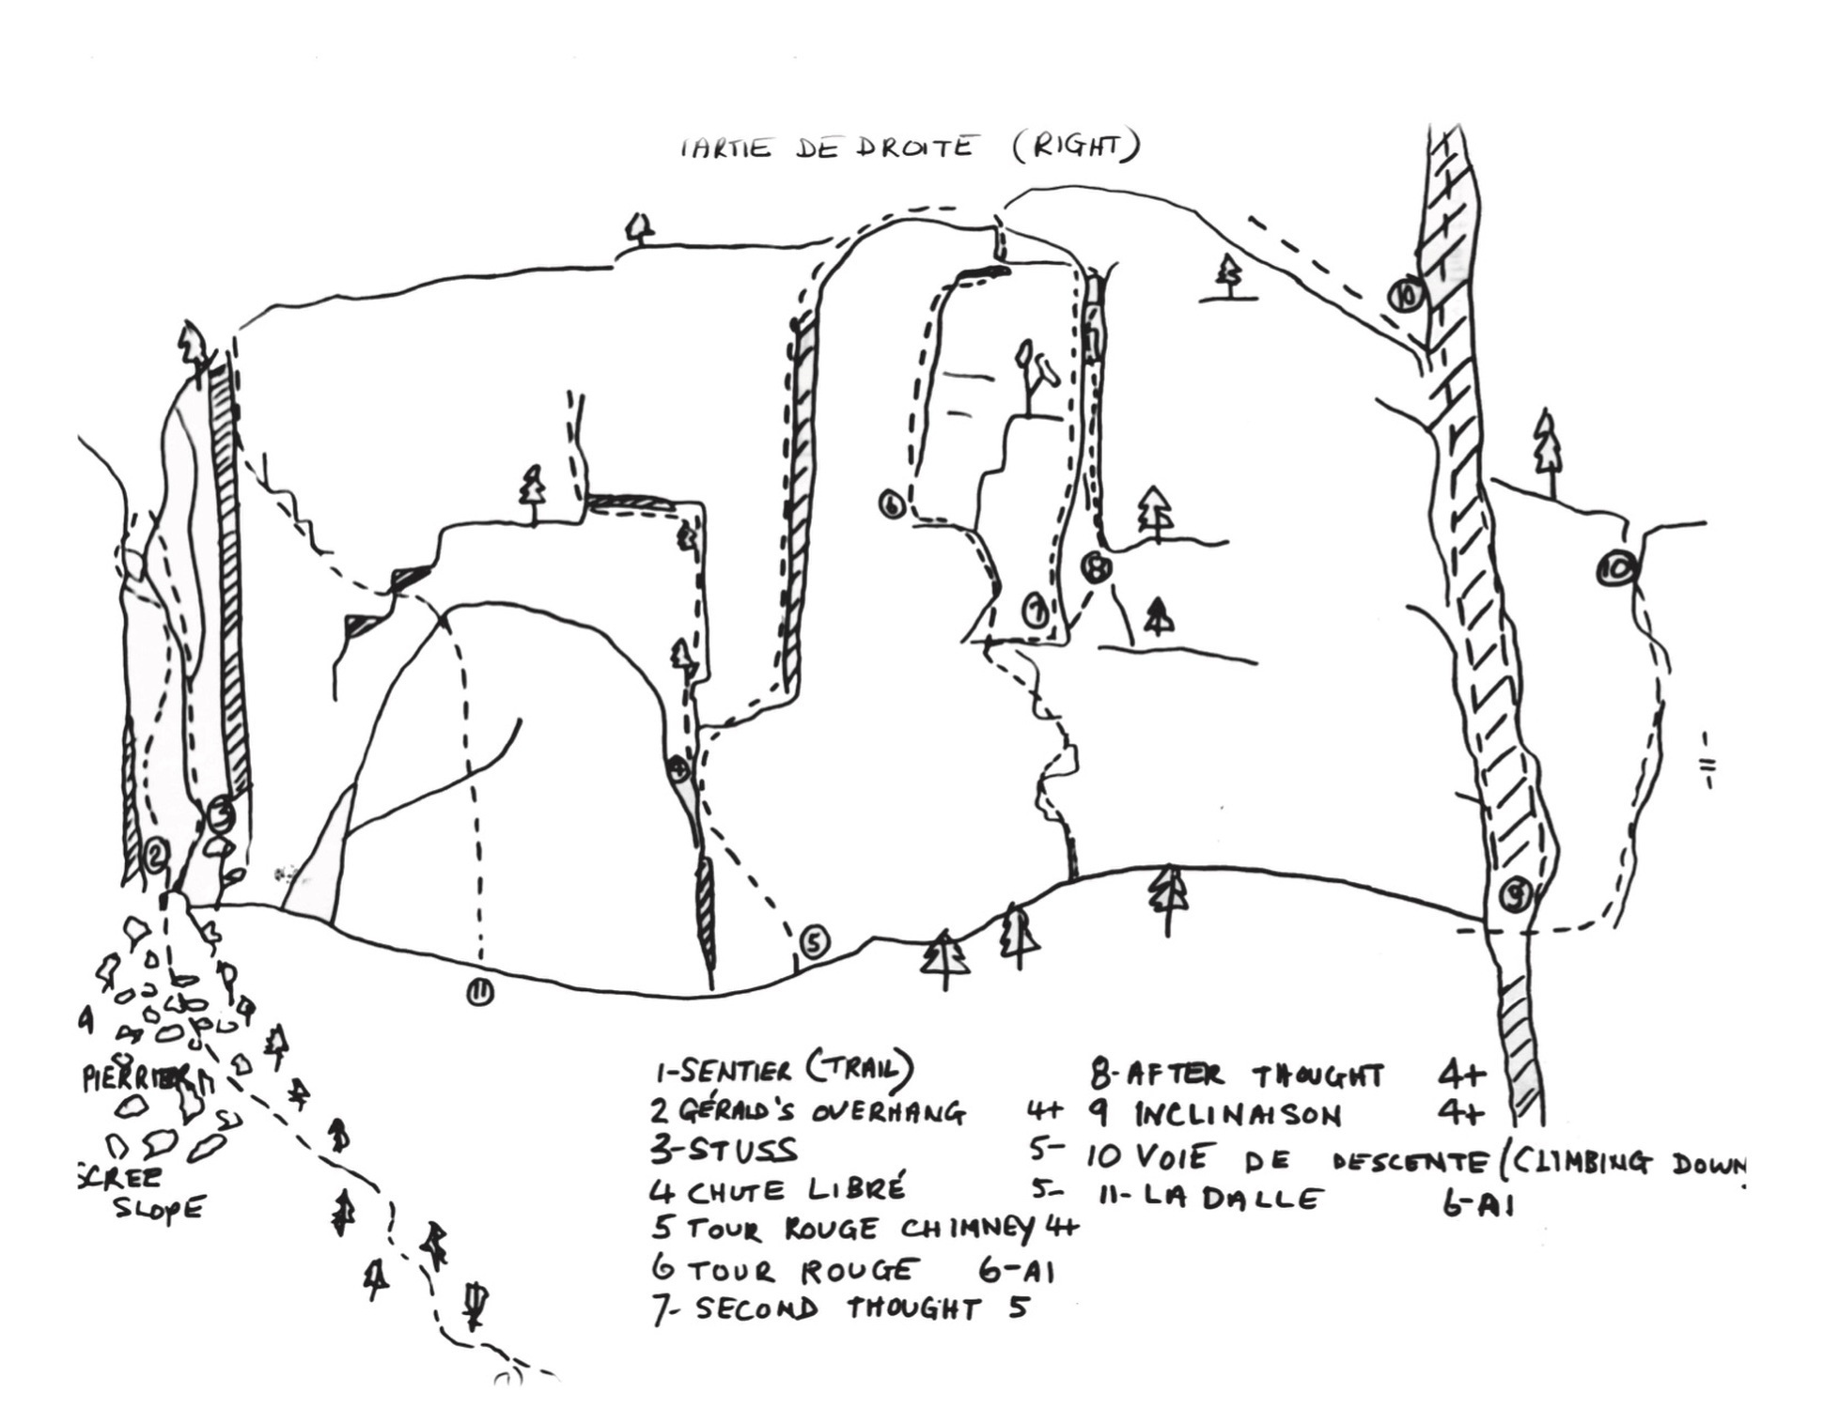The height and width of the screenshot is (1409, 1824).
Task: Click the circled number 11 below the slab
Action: [x=480, y=992]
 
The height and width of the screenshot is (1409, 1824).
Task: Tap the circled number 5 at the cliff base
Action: [x=814, y=941]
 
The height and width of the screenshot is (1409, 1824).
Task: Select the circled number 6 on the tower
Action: [x=892, y=504]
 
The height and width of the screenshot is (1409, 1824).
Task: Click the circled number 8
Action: [x=1096, y=566]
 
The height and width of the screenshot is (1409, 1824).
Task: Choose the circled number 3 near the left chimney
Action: [x=220, y=814]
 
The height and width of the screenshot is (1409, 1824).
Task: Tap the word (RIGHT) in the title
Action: [x=1076, y=147]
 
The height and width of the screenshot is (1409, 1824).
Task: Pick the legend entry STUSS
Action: [x=738, y=1151]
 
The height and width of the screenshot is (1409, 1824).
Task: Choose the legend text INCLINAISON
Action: [x=1237, y=1115]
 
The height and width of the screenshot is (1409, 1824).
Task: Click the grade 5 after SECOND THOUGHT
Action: [x=1019, y=1307]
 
